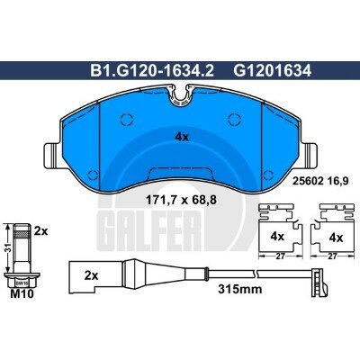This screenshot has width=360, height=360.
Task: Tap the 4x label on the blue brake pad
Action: pos(180,137)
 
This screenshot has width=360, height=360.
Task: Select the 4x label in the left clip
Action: pos(277,237)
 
